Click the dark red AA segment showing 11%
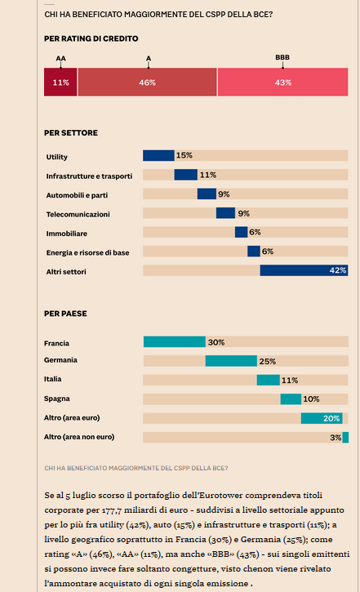60,82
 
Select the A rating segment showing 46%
148,82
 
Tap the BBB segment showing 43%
283,82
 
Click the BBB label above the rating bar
282,57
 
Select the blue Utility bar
158,155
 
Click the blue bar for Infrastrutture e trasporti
185,175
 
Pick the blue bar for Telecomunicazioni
225,213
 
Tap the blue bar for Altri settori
304,270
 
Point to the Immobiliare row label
67,234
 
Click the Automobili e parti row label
77,195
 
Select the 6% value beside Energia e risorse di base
268,251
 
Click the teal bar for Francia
175,341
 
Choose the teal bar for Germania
231,361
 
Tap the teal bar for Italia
269,380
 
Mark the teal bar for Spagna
291,399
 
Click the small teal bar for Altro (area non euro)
345,437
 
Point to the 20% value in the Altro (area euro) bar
331,418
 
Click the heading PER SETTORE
71,133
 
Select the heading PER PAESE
65,314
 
